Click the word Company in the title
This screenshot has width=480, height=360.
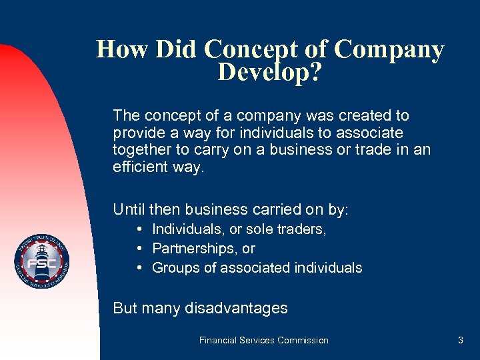(389, 50)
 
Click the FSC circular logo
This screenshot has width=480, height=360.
(42, 263)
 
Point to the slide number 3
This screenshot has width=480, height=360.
(460, 340)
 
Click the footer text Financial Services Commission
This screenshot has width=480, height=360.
(264, 340)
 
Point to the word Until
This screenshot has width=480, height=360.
(129, 209)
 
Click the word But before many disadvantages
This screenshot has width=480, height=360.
(125, 308)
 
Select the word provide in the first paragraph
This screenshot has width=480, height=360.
(137, 133)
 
